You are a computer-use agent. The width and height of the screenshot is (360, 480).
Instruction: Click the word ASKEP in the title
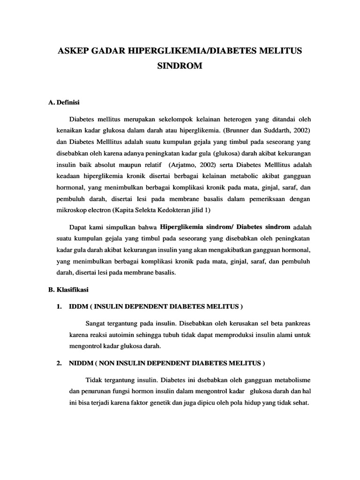point(72,51)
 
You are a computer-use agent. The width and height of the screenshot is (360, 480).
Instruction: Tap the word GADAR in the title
point(109,51)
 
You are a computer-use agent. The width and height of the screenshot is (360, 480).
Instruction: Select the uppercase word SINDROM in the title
point(180,66)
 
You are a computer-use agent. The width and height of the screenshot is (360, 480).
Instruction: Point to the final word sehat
point(300,402)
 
